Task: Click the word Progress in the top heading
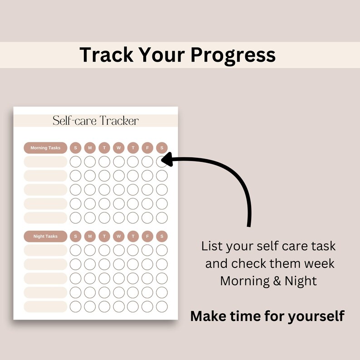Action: [x=233, y=55]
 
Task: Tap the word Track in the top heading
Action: [x=107, y=55]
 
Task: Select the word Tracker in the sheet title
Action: [x=119, y=121]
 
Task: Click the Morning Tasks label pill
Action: [x=45, y=148]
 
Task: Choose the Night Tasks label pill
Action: [x=45, y=236]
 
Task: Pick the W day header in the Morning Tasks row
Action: [x=119, y=148]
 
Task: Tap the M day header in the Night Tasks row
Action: [x=90, y=236]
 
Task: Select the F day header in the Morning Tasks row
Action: [x=147, y=148]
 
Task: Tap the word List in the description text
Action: [x=212, y=247]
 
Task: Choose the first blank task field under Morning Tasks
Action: [x=45, y=162]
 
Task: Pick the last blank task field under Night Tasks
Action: [x=45, y=306]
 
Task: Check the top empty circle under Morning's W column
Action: [x=119, y=161]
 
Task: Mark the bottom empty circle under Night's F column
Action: [x=147, y=306]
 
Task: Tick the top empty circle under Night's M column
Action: [x=90, y=250]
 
